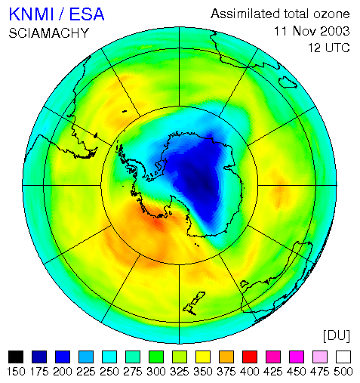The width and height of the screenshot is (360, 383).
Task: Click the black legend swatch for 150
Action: [x=16, y=357]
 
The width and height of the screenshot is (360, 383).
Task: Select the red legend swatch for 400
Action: [x=250, y=357]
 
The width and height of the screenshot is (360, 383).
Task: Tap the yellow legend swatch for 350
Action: [x=203, y=357]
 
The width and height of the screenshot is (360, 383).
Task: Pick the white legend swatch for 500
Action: [x=343, y=357]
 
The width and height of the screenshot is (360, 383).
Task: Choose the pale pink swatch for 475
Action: [x=320, y=357]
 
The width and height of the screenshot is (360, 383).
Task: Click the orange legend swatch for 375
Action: [x=226, y=357]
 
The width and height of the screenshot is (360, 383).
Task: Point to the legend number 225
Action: [x=86, y=372]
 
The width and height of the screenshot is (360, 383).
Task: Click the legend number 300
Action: [x=156, y=372]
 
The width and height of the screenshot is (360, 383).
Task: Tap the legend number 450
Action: [x=297, y=372]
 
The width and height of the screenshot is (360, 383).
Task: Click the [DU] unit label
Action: [x=337, y=335]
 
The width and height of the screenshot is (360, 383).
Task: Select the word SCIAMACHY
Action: [x=49, y=33]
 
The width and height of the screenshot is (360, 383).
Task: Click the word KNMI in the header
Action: [x=32, y=14]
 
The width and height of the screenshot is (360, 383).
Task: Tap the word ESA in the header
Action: [x=87, y=14]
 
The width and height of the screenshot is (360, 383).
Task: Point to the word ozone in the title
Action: [x=331, y=14]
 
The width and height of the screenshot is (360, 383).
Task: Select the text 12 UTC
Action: [x=329, y=48]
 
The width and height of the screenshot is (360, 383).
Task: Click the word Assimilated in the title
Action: [x=245, y=14]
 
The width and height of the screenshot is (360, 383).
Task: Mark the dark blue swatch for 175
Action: [x=39, y=357]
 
